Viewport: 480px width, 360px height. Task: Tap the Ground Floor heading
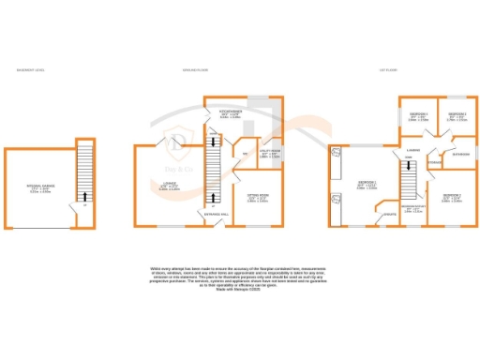[x=196, y=69]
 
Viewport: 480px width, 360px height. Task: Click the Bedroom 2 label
[x=452, y=197]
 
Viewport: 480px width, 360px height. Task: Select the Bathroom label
[x=460, y=153]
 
